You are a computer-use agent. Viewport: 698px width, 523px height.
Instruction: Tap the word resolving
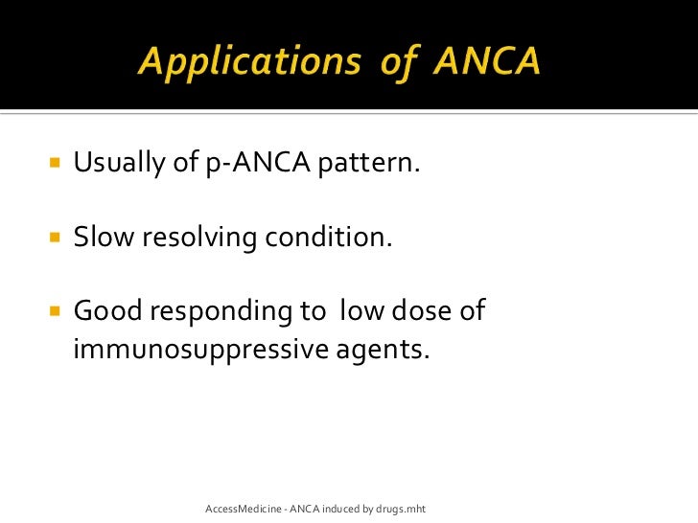point(201,238)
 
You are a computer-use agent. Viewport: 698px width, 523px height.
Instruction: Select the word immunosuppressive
point(200,351)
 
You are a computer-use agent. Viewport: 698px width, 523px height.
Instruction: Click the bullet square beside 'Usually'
point(53,164)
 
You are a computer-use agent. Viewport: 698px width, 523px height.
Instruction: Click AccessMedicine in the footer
point(244,507)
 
